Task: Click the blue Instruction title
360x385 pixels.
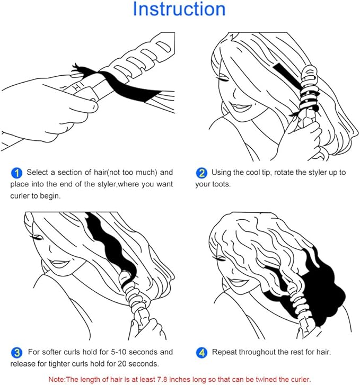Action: (x=179, y=9)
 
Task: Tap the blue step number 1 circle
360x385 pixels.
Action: (x=16, y=173)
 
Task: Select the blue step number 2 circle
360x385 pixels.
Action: (x=201, y=173)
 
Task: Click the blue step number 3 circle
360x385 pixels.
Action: (x=17, y=353)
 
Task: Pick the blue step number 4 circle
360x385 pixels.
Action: (x=201, y=353)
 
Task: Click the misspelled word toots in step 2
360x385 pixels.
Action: (x=221, y=184)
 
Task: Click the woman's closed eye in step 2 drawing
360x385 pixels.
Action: (x=222, y=79)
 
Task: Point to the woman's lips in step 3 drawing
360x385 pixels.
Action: (x=58, y=263)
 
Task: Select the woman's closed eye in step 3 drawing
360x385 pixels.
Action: (x=37, y=237)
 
